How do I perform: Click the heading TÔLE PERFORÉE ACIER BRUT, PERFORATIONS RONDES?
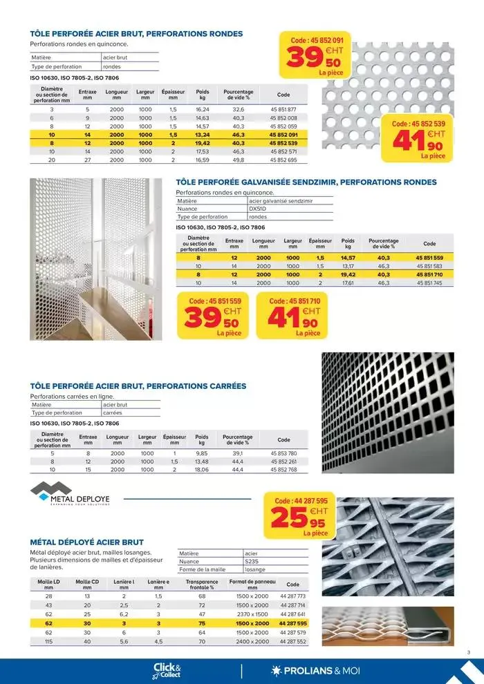(136, 33)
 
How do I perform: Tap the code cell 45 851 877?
(283, 110)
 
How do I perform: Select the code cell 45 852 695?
(283, 160)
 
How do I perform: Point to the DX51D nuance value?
(257, 208)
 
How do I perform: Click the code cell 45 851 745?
(429, 283)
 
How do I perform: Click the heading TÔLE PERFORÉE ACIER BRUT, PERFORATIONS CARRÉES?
(138, 386)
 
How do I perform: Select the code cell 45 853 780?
(283, 453)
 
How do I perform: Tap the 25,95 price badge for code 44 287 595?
(301, 515)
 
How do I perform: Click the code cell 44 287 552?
(293, 641)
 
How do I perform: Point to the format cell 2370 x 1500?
(252, 614)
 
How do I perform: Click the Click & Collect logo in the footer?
(167, 670)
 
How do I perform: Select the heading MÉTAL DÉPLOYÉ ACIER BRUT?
(87, 542)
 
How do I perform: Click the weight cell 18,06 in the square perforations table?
(202, 470)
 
